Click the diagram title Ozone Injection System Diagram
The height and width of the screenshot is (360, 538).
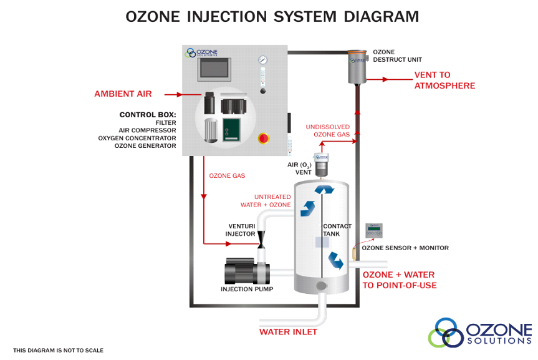click(x=272, y=16)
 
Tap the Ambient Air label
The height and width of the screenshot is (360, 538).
click(x=123, y=94)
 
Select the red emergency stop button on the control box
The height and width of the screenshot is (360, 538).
click(x=263, y=138)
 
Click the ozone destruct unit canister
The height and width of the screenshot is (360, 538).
click(x=358, y=67)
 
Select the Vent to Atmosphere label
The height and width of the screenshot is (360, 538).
click(x=444, y=80)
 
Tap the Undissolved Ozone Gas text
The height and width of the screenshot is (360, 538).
click(x=327, y=130)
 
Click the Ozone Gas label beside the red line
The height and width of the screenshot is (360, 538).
click(x=227, y=176)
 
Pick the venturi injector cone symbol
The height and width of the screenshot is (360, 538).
click(x=261, y=238)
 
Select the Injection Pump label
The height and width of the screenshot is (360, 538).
click(x=247, y=289)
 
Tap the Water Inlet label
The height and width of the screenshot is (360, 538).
click(x=288, y=332)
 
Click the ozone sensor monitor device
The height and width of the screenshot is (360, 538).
click(x=373, y=230)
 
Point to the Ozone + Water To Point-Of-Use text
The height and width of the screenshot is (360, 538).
click(x=399, y=280)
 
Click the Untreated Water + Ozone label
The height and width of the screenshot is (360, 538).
click(x=266, y=201)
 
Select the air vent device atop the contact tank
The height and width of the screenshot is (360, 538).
click(x=321, y=164)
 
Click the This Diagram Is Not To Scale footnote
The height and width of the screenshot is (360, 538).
click(x=59, y=351)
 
